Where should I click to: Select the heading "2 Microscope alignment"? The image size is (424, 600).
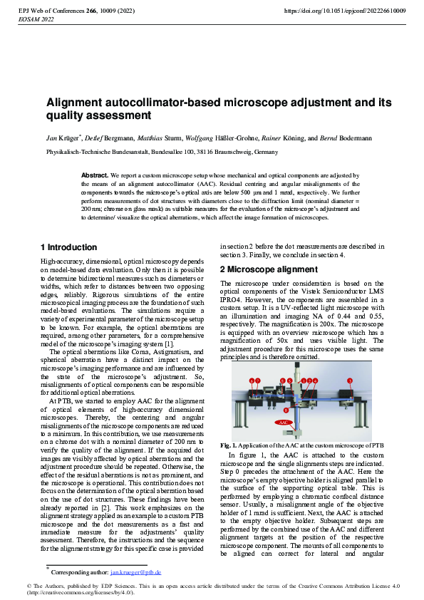(269, 270)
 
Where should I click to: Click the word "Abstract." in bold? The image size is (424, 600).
(95, 175)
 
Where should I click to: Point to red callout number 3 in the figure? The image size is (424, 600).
(350, 381)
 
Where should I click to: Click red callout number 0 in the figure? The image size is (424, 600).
(286, 410)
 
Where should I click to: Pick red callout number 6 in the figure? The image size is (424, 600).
(252, 381)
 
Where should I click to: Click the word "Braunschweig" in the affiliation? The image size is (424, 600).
(233, 152)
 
